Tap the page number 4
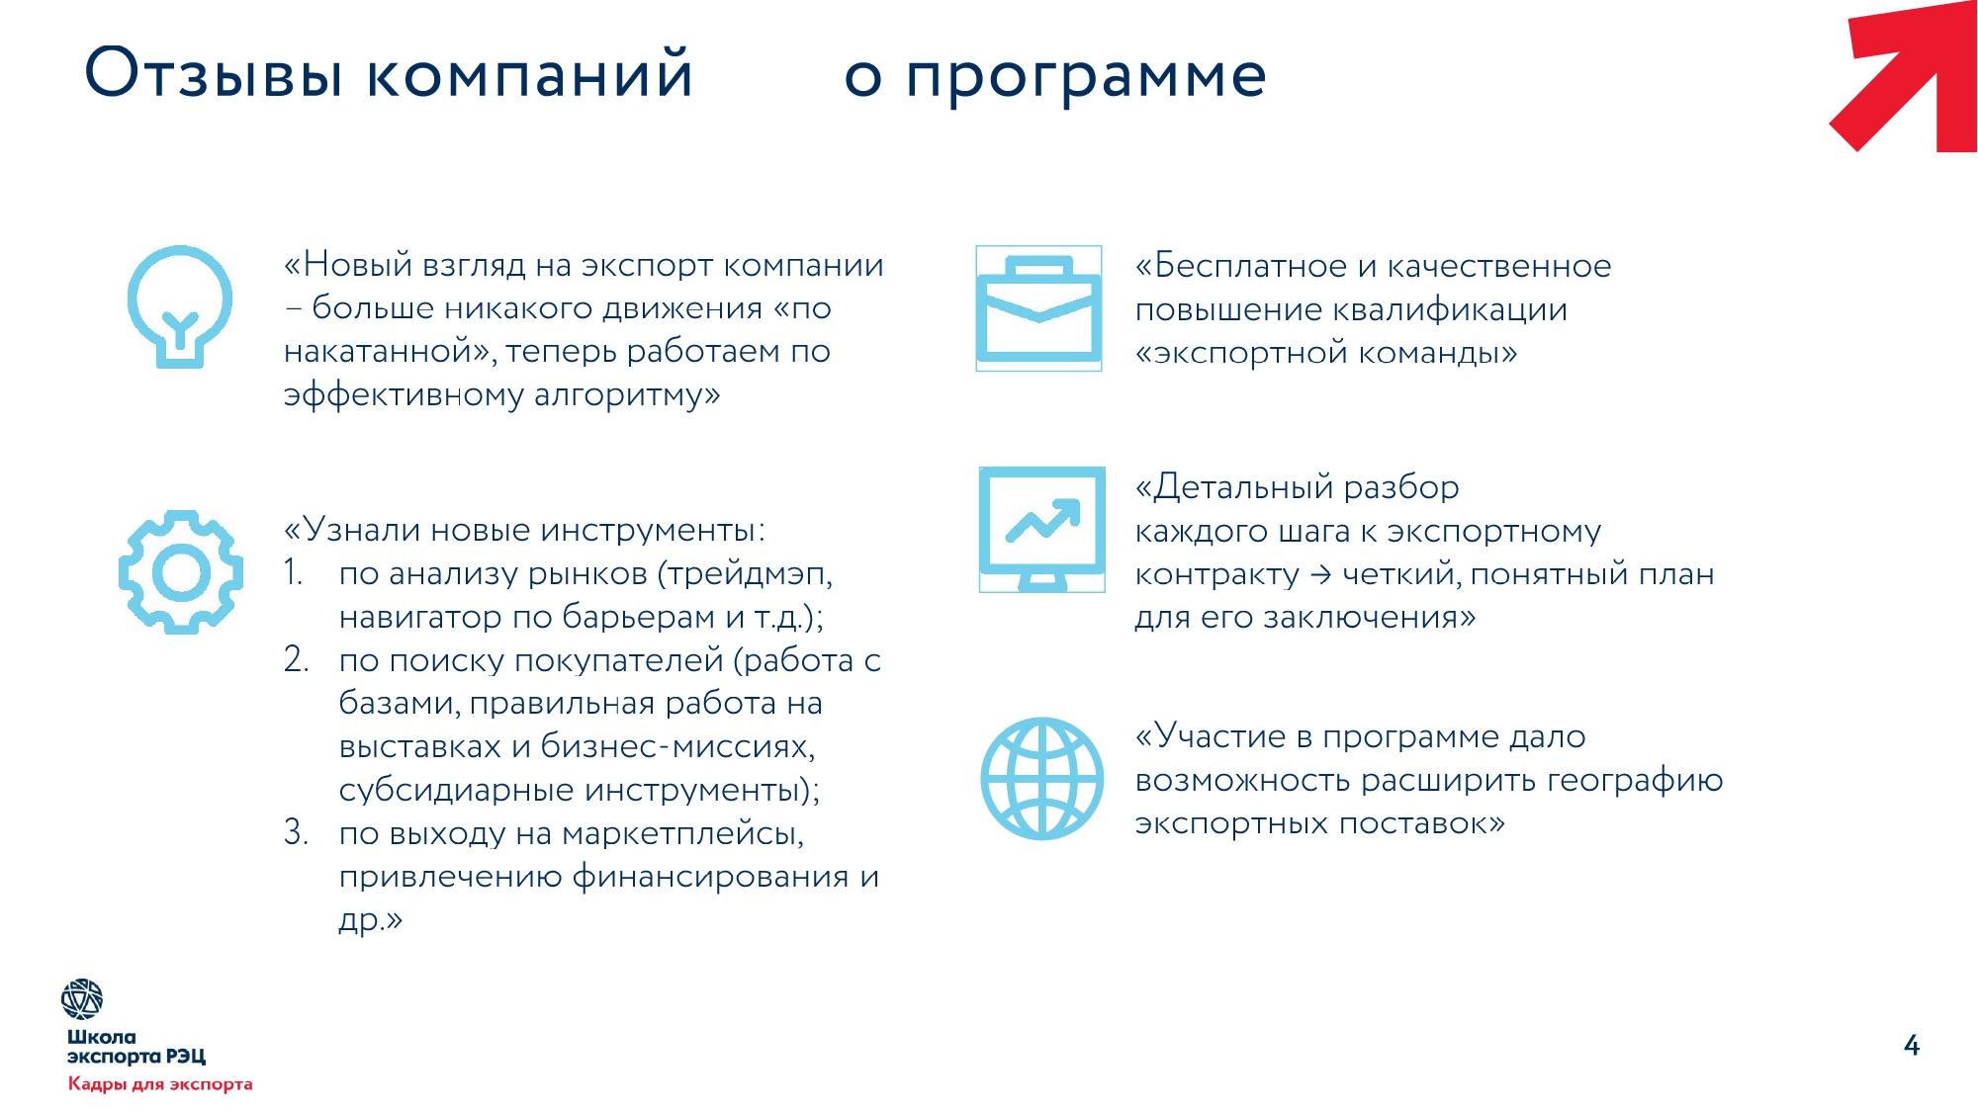pos(1912,1046)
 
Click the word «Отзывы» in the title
pos(214,73)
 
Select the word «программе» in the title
pos(1086,77)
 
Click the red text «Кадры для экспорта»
pos(160,1084)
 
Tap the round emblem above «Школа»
pos(82,999)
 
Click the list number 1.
pos(293,572)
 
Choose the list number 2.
pos(296,659)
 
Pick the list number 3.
pos(296,832)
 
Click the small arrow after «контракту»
pos(1320,574)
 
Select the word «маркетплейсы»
pos(682,833)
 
